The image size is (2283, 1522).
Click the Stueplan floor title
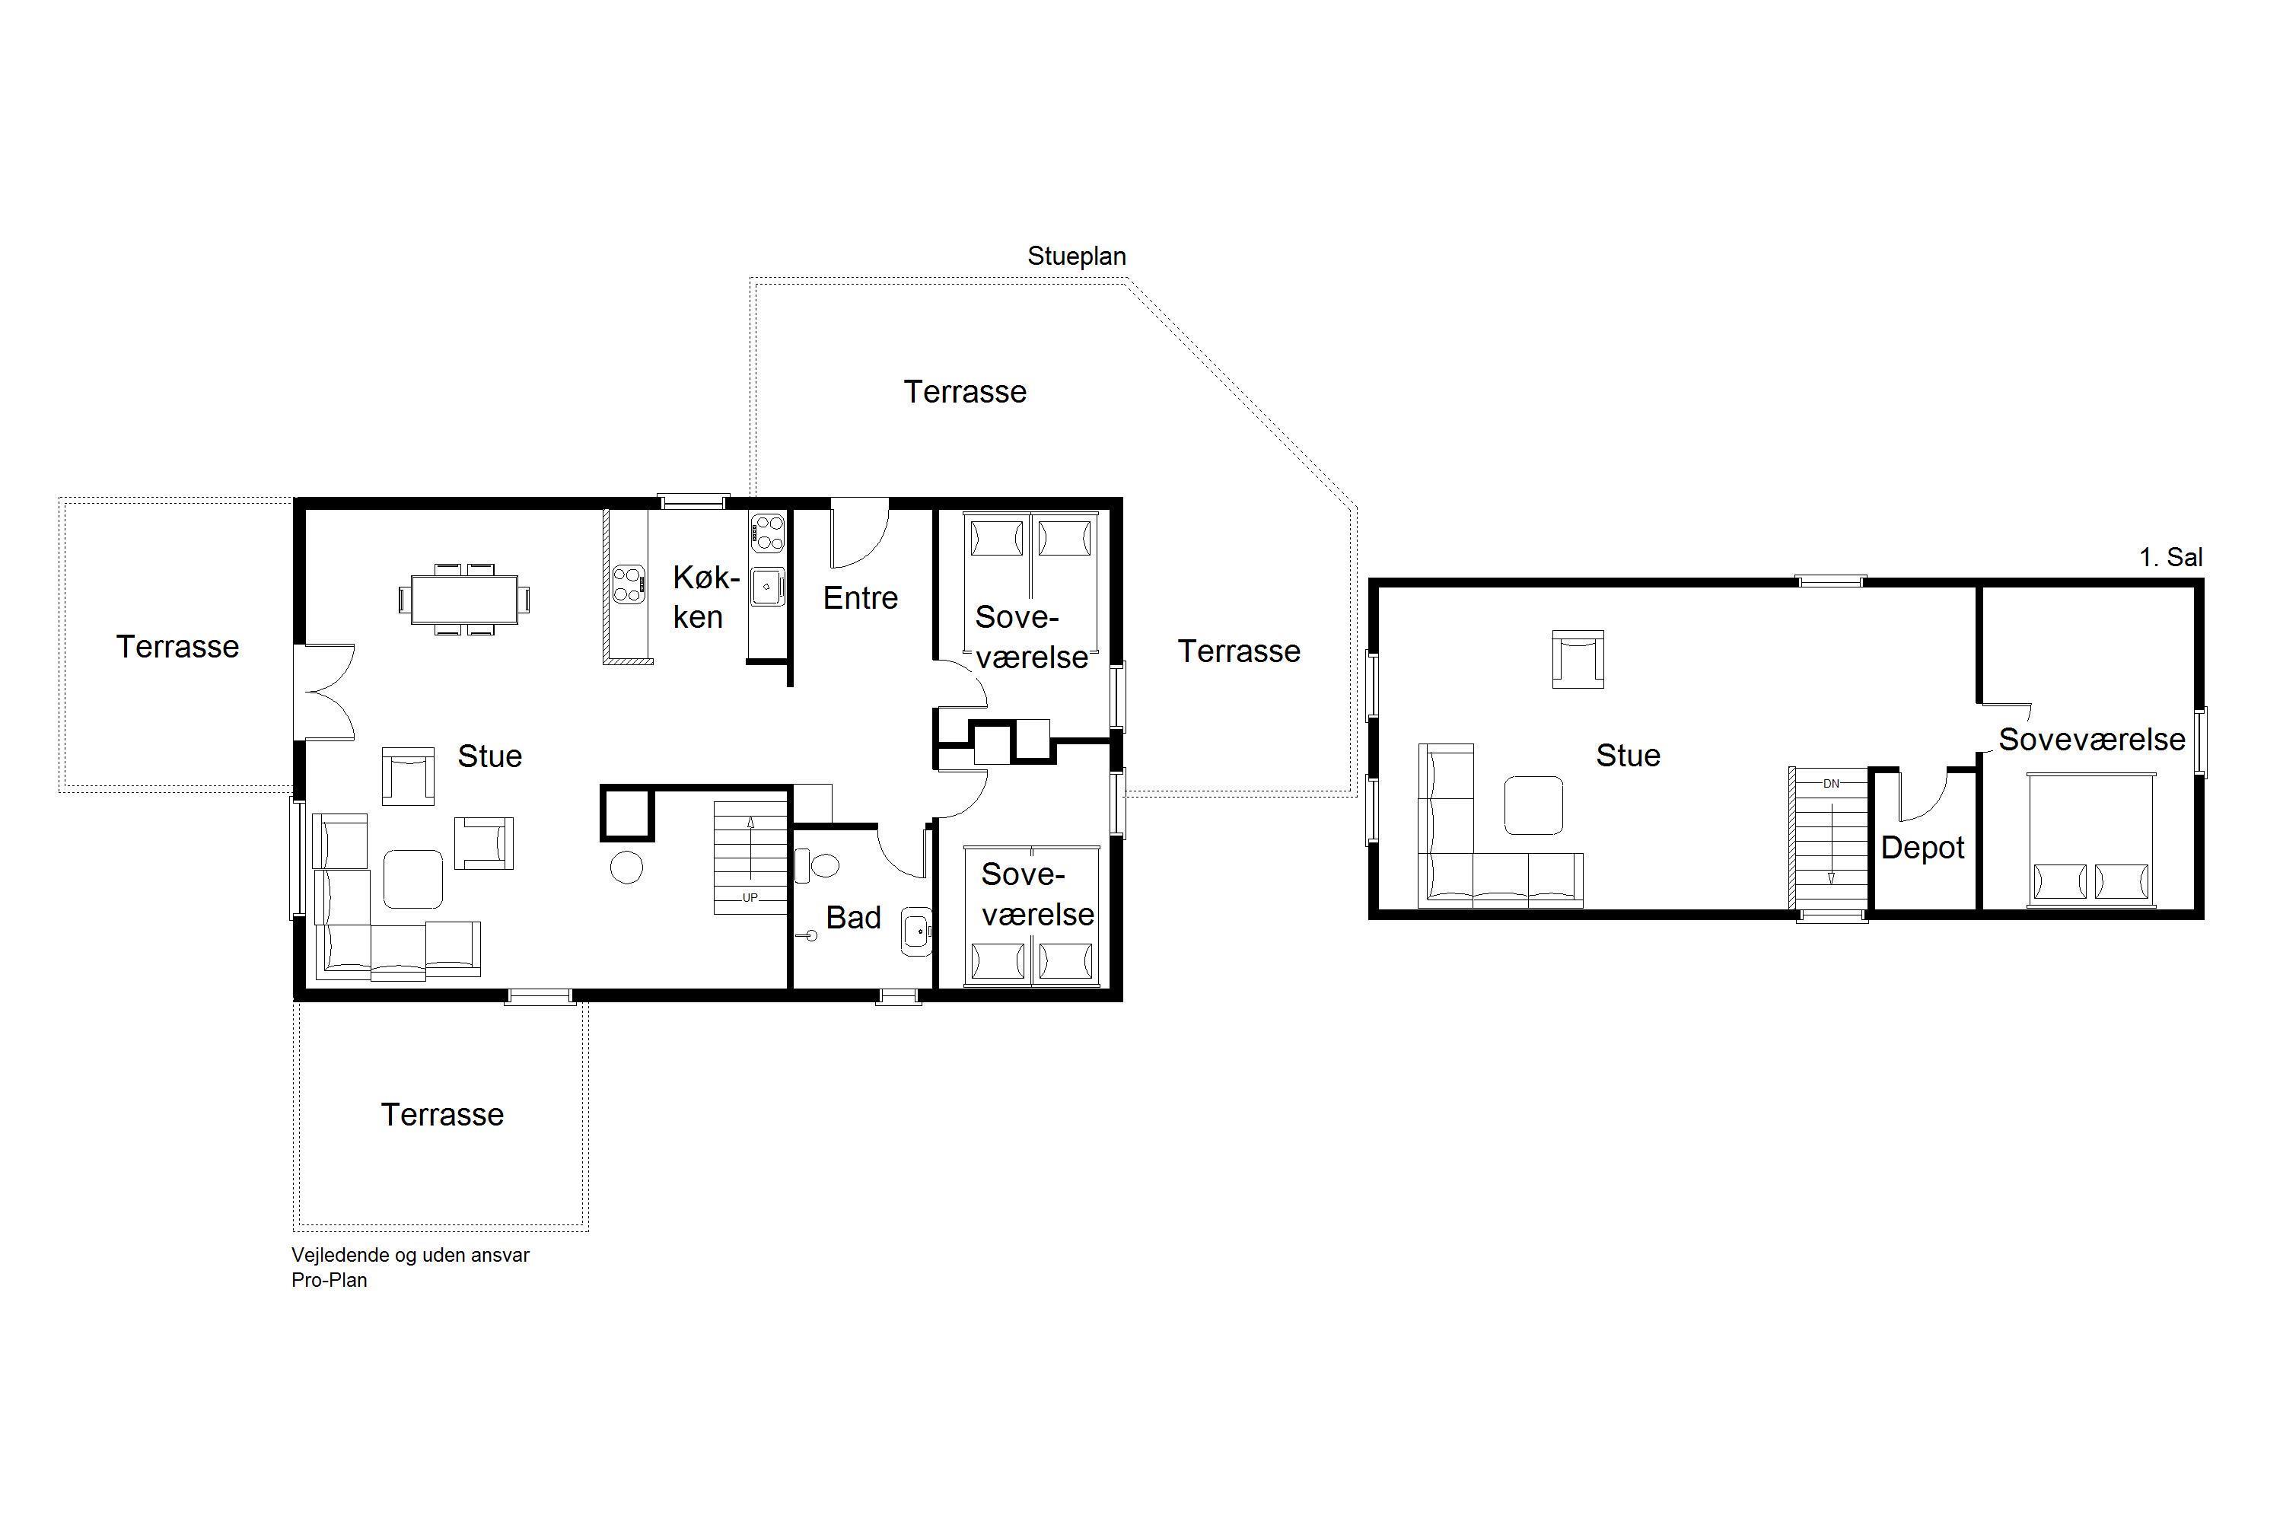coord(1077,256)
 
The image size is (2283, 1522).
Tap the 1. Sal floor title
coord(2170,557)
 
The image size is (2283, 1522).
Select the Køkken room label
coord(705,597)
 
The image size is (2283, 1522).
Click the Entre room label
coord(860,598)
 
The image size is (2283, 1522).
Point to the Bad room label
coord(853,917)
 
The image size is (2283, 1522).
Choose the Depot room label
coord(1922,848)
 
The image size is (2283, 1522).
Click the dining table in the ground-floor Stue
coord(464,599)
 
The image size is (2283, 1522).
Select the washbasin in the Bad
coord(916,931)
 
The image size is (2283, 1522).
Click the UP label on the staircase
coord(750,898)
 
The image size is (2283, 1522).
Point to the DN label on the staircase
coord(1831,783)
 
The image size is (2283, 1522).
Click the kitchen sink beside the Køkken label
coord(767,586)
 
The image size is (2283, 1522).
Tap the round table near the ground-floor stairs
coord(626,867)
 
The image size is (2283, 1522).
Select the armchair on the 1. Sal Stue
coord(1578,659)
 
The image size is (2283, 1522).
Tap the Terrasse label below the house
coord(443,1114)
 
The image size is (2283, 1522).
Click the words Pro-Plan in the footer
coord(329,1280)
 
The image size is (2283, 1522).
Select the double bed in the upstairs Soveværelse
coord(2090,841)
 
